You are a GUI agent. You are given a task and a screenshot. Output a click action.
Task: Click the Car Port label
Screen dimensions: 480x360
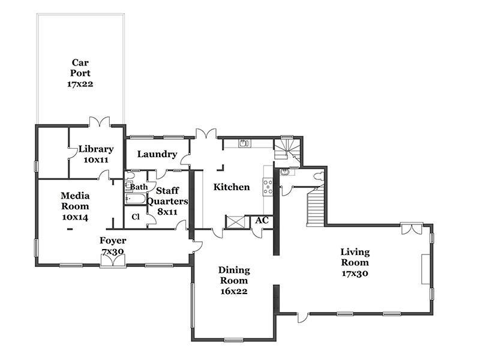(80, 68)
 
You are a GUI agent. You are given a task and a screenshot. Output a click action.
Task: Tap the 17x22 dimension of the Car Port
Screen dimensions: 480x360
(80, 84)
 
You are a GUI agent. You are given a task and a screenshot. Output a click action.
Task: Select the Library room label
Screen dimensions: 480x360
(96, 149)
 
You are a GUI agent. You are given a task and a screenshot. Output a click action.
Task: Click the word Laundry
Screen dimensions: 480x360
(157, 154)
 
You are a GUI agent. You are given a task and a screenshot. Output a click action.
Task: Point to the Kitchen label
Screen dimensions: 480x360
(232, 187)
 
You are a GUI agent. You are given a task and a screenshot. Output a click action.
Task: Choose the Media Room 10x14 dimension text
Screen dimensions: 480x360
(75, 217)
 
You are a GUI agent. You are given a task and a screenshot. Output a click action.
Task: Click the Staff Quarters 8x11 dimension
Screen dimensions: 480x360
(167, 212)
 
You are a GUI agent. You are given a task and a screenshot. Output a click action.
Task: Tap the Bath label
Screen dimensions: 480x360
(139, 187)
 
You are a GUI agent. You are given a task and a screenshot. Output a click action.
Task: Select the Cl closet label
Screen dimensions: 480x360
(136, 217)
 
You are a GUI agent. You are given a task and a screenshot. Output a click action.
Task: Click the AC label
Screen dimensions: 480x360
(262, 220)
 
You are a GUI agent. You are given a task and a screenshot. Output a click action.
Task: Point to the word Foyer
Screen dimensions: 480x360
(113, 241)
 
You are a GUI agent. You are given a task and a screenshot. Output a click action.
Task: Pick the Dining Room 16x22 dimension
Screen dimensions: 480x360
(234, 291)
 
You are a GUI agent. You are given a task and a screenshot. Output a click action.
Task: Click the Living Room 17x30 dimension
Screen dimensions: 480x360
(355, 274)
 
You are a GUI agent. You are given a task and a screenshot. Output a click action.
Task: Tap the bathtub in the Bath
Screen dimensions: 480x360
(136, 199)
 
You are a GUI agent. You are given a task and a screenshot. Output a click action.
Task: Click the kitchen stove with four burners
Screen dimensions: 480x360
(268, 187)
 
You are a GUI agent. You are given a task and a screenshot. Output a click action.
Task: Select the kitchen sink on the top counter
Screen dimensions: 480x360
(244, 143)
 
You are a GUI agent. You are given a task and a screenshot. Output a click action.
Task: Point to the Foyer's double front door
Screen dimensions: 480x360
(113, 261)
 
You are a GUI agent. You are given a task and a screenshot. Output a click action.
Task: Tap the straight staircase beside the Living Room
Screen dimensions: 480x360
(316, 207)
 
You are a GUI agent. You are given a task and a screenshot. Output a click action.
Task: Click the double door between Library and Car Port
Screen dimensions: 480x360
(100, 122)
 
